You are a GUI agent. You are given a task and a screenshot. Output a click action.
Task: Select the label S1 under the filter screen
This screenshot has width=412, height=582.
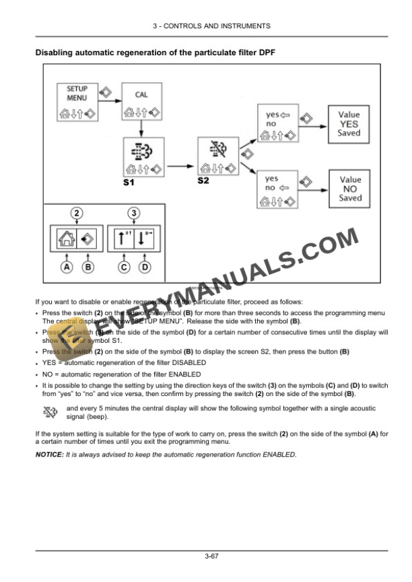129,183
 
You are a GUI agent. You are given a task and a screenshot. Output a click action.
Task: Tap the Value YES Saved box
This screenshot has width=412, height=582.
349,124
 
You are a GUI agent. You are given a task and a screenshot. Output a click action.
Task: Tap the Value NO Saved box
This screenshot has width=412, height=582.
350,189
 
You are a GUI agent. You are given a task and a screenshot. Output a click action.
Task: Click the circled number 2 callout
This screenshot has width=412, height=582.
77,214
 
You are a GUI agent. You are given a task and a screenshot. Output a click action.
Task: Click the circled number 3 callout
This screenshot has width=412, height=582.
134,214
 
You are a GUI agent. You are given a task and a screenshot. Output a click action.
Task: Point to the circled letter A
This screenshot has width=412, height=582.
67,267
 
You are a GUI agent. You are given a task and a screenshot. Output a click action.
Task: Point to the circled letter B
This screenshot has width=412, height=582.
88,267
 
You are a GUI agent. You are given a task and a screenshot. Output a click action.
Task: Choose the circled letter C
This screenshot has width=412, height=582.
124,267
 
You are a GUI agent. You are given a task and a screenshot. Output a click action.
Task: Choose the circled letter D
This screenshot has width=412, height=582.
145,267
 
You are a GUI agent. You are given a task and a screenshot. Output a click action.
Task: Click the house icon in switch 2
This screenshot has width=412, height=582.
67,238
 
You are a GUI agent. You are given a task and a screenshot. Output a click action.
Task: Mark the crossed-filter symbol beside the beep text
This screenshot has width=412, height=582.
50,412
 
